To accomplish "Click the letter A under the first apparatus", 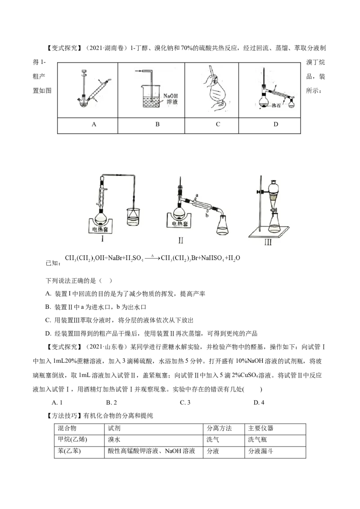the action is (x=94, y=125).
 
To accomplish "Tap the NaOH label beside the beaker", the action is (x=170, y=96).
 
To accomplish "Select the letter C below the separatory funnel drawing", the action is (x=218, y=125).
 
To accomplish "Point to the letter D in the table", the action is (x=276, y=125).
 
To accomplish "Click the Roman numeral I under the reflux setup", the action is (x=102, y=239).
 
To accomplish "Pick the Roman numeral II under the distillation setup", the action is (x=180, y=241).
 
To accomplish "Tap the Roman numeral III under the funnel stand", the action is (x=268, y=242).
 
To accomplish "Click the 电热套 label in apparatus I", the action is (x=100, y=229).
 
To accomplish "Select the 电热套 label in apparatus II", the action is (x=180, y=224).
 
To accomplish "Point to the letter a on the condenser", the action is (x=197, y=196).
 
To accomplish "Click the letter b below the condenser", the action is (x=207, y=215).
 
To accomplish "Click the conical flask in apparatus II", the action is (x=223, y=225).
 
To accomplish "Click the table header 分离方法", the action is (x=219, y=429).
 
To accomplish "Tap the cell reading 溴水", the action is (x=114, y=440).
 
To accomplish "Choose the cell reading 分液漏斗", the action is (x=261, y=451).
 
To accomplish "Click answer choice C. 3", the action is (x=185, y=402).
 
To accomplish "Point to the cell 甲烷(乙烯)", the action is (x=72, y=440).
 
